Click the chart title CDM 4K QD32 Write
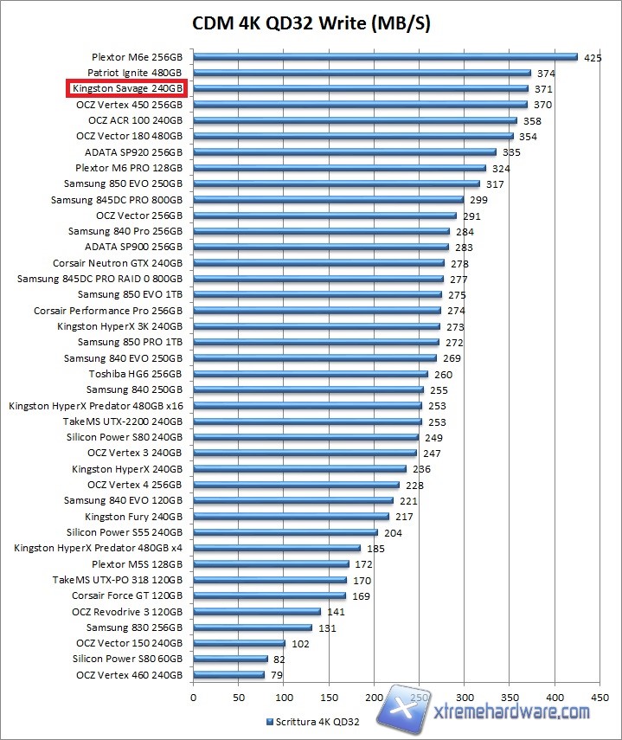[x=311, y=23]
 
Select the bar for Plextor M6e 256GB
[x=385, y=57]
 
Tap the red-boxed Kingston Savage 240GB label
[x=128, y=88]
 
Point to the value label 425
[x=593, y=57]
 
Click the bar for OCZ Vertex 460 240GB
[x=228, y=674]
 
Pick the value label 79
[x=277, y=674]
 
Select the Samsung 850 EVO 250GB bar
[x=337, y=183]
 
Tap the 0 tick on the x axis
[x=193, y=697]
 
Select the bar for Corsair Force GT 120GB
[x=269, y=595]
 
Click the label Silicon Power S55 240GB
[x=125, y=532]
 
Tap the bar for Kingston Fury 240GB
[x=291, y=517]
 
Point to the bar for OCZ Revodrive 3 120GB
[x=257, y=611]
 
